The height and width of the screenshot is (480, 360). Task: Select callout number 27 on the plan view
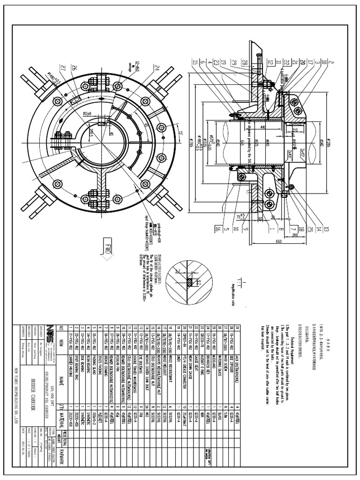click(62, 67)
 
